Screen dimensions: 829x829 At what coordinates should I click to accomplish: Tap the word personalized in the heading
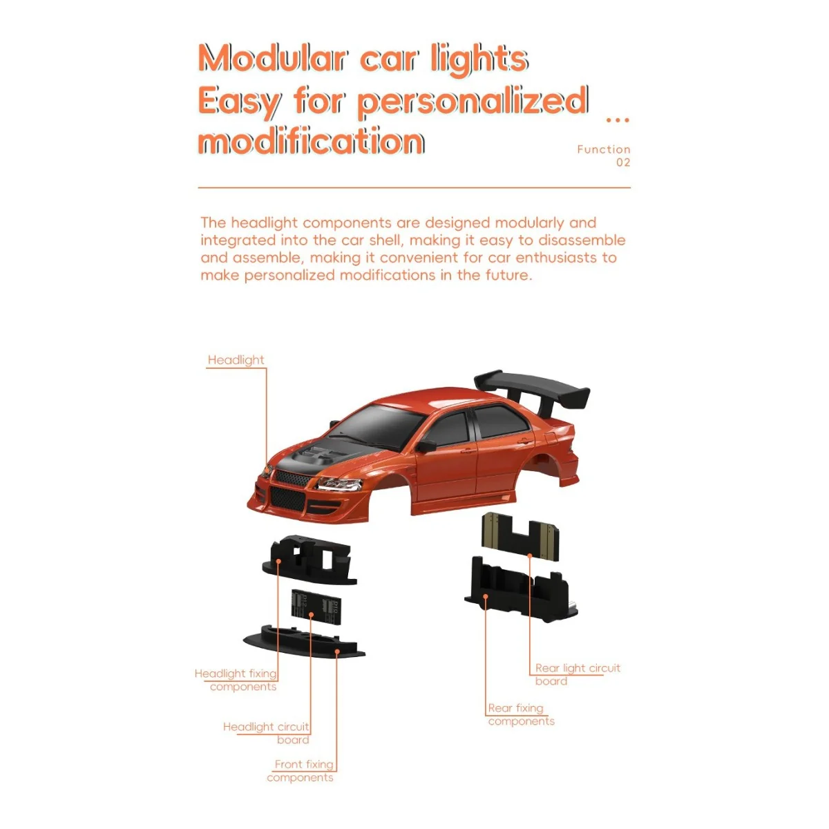click(x=473, y=102)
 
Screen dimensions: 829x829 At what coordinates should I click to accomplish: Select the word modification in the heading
click(x=311, y=141)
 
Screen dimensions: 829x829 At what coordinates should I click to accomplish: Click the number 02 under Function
click(x=623, y=162)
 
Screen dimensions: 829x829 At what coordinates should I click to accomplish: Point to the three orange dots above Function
click(x=618, y=120)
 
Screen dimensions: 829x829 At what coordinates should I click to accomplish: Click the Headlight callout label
click(x=236, y=360)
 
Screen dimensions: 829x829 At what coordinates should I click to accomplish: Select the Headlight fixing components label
click(x=236, y=680)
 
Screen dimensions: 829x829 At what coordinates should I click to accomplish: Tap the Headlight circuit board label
click(x=266, y=733)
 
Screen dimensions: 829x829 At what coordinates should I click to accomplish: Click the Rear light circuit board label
click(x=578, y=674)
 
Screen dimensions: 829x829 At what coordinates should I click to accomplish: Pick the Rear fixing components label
click(x=522, y=714)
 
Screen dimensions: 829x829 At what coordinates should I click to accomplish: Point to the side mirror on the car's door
click(x=426, y=446)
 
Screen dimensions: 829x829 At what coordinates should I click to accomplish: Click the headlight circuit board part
click(x=316, y=607)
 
